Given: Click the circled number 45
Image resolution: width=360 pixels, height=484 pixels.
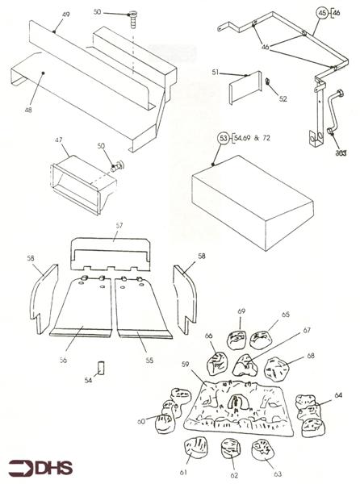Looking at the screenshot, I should click(x=321, y=14).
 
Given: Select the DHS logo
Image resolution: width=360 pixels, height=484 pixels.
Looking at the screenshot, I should click(x=39, y=467).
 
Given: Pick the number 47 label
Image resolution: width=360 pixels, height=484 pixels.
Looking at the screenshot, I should click(x=58, y=140).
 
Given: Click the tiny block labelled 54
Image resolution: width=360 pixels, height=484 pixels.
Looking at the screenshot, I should click(x=102, y=367).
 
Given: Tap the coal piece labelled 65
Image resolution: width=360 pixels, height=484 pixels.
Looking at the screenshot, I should click(x=262, y=340).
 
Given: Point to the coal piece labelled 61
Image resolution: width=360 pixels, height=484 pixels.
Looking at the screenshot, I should click(x=195, y=449).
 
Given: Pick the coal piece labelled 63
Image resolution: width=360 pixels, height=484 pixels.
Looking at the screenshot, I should click(x=264, y=448).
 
